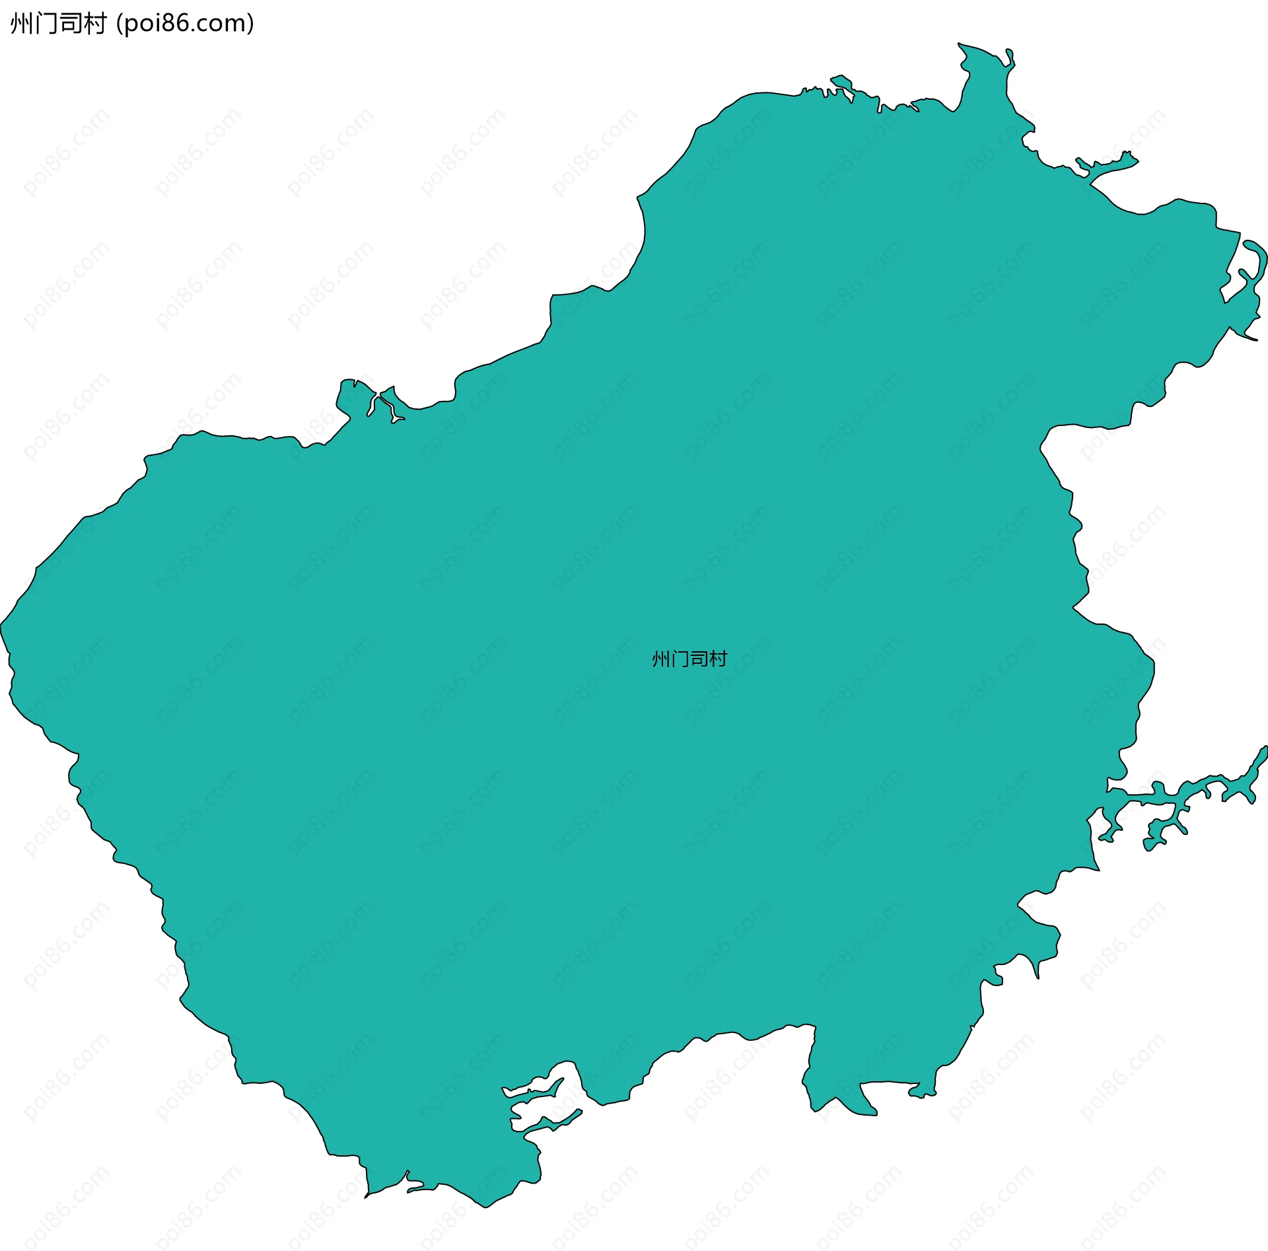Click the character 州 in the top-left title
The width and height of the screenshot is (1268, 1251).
pyautogui.click(x=21, y=24)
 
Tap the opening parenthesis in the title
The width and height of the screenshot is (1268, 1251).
pyautogui.click(x=120, y=24)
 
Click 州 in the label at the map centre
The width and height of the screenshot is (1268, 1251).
pyautogui.click(x=661, y=659)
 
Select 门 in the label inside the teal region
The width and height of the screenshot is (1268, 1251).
pyautogui.click(x=680, y=659)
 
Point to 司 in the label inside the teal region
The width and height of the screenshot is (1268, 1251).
pyautogui.click(x=699, y=659)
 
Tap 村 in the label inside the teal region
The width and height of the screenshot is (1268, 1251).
pyautogui.click(x=718, y=659)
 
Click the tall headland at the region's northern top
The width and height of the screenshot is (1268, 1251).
pyautogui.click(x=977, y=59)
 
